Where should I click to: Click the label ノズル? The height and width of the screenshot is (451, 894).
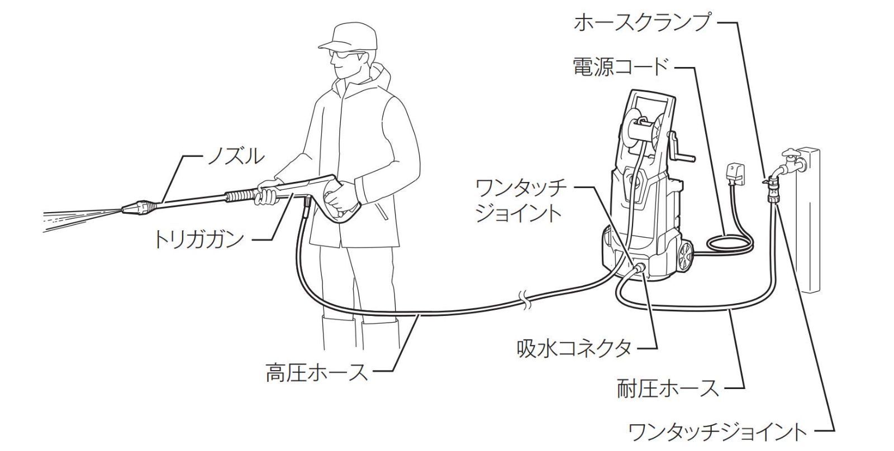pos(235,157)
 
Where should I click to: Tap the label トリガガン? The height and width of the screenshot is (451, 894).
pos(199,240)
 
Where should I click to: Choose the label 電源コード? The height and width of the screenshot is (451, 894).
pos(620,67)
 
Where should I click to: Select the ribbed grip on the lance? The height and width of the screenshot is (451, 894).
pos(241,196)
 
